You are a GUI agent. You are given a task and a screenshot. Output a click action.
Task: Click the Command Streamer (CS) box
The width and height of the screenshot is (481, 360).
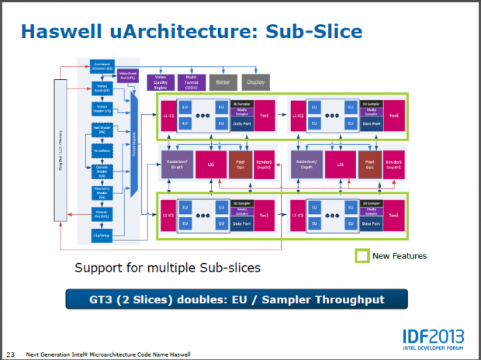tap(102, 65)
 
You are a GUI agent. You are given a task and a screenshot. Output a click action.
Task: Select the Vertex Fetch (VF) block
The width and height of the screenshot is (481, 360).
tap(102, 87)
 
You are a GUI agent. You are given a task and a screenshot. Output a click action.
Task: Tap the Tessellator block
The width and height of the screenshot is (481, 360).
tap(102, 149)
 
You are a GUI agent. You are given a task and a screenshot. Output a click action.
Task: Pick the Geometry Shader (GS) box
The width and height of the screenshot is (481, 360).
tap(102, 190)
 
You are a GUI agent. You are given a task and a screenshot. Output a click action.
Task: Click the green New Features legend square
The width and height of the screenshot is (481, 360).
tap(362, 254)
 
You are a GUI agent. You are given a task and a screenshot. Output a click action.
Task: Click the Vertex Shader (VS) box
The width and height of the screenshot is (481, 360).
tap(102, 108)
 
